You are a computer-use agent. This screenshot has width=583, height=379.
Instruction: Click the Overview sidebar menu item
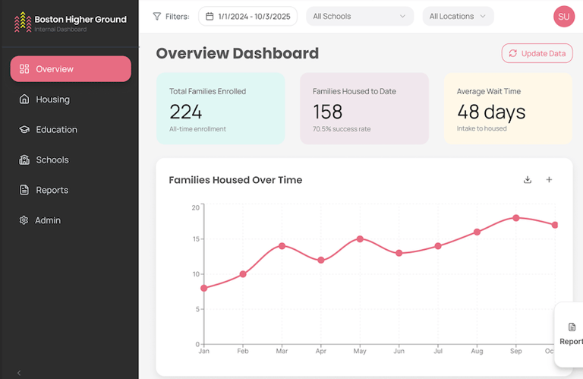(x=70, y=69)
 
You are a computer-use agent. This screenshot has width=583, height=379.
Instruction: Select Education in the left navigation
(x=55, y=130)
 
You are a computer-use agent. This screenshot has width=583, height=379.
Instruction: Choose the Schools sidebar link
(x=52, y=160)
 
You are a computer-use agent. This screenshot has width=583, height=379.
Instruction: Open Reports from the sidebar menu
(x=52, y=191)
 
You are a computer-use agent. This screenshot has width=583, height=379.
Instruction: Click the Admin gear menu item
(x=47, y=220)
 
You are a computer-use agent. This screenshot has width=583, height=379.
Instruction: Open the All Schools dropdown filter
(x=360, y=16)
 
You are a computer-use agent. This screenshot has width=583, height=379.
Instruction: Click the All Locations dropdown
(x=458, y=16)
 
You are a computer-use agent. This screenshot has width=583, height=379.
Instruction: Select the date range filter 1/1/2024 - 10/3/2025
(x=249, y=16)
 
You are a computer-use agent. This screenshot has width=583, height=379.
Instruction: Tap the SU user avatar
(x=564, y=16)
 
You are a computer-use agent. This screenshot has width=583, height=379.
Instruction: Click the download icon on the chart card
(x=528, y=180)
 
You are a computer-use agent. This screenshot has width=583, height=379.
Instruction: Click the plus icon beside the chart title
(x=549, y=180)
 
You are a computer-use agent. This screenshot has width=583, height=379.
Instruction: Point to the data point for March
(x=282, y=246)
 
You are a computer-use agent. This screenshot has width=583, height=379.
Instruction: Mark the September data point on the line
(x=516, y=218)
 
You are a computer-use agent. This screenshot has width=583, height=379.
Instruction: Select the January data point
(x=203, y=288)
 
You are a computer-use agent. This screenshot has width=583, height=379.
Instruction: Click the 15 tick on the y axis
(x=195, y=239)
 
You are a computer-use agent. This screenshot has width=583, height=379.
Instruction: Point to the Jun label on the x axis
(x=399, y=352)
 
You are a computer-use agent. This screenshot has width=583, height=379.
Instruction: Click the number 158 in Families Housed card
(x=328, y=112)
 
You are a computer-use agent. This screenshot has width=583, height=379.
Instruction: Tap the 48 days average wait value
(x=491, y=112)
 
